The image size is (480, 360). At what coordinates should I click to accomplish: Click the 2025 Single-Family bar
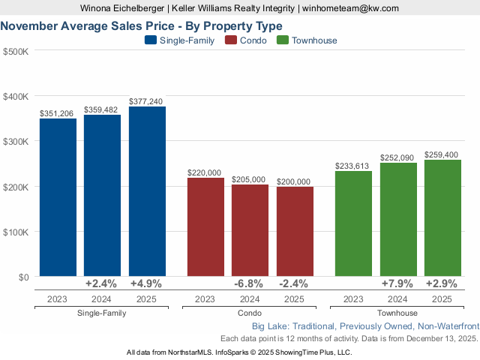click(147, 191)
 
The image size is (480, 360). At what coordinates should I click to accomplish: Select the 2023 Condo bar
click(205, 226)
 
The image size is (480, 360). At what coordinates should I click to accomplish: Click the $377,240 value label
click(147, 101)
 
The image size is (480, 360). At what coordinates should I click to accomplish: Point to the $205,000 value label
click(250, 179)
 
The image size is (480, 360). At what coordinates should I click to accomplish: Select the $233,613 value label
click(353, 166)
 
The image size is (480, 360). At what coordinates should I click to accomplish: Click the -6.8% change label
click(250, 284)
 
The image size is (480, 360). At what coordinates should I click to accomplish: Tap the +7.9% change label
click(398, 284)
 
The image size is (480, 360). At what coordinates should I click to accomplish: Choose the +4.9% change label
click(147, 284)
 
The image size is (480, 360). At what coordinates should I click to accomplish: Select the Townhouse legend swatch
click(283, 40)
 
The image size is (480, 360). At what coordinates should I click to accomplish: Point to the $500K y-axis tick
click(16, 51)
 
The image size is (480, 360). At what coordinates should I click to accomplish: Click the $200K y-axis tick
click(16, 187)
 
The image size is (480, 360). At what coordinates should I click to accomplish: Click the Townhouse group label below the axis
click(398, 313)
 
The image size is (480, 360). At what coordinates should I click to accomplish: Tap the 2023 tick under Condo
click(205, 298)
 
